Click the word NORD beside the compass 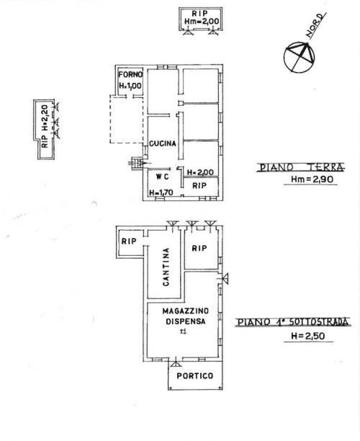click(x=316, y=25)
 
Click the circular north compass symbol click(x=299, y=58)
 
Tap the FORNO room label click(x=130, y=75)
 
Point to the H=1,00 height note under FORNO click(x=130, y=86)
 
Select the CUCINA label click(x=163, y=143)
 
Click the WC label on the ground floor click(x=163, y=177)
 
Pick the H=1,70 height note click(x=161, y=192)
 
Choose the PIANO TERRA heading click(x=301, y=168)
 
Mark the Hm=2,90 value click(x=310, y=179)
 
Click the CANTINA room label click(x=166, y=267)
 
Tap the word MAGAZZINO click(x=186, y=311)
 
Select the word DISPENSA click(x=186, y=321)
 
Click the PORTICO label click(x=194, y=375)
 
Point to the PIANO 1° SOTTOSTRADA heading click(x=293, y=322)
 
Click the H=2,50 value click(x=308, y=336)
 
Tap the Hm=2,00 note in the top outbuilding click(x=202, y=22)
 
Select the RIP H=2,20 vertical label click(x=45, y=127)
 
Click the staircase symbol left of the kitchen click(x=136, y=164)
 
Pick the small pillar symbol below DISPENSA click(x=183, y=332)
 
